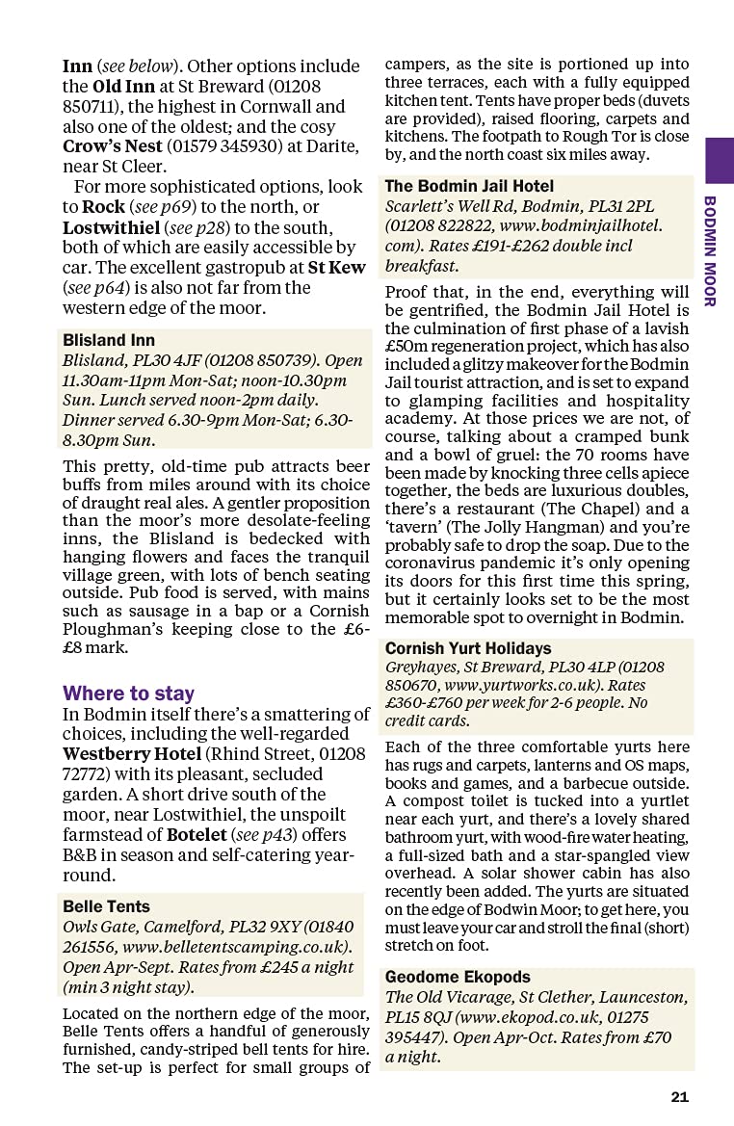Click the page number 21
click(x=680, y=1097)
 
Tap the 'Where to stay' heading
click(x=128, y=694)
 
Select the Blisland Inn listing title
click(x=109, y=341)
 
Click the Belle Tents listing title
click(x=106, y=906)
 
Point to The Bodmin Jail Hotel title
click(x=469, y=186)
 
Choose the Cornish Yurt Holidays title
click(x=468, y=648)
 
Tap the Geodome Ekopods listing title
click(x=458, y=977)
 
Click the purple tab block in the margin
click(x=719, y=160)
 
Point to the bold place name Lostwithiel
click(x=113, y=228)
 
